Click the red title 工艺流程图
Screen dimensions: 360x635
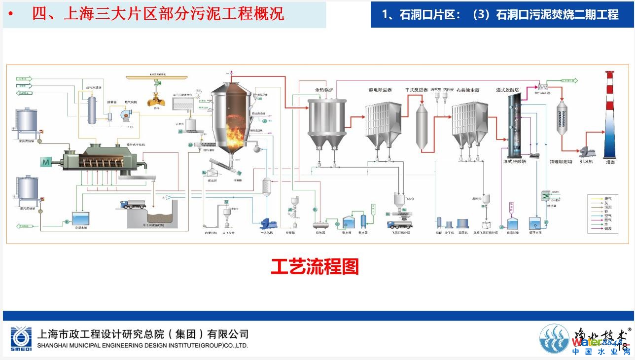pos(315,267)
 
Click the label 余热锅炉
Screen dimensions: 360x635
pos(325,90)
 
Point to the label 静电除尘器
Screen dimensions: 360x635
pos(380,90)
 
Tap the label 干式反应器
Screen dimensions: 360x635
pos(416,90)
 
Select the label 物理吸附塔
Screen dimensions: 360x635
pos(561,161)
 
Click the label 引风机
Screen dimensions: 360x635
pos(586,161)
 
